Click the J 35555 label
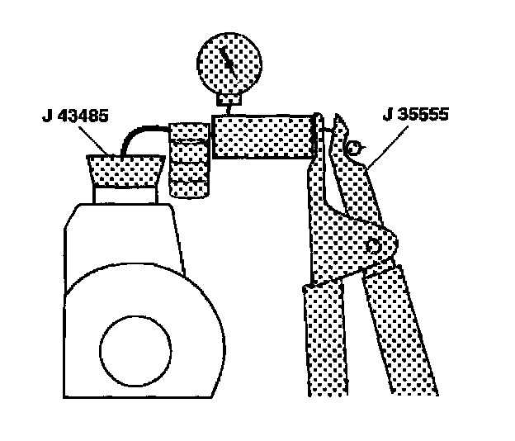point(416,115)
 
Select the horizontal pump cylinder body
point(262,135)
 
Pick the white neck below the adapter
point(125,197)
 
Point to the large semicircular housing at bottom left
point(140,330)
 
